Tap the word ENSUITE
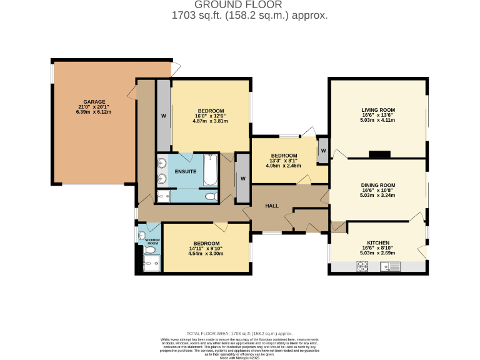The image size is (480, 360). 186,171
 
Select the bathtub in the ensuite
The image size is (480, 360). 211,170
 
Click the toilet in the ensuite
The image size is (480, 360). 211,196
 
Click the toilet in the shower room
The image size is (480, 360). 150,249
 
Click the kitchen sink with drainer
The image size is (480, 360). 392,267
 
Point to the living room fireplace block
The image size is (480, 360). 379,154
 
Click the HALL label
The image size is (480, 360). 272,206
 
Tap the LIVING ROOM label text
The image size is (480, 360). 378,110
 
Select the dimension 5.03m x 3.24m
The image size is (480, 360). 378,195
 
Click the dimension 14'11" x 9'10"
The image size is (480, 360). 206,249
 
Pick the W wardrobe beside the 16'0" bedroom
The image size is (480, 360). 163,116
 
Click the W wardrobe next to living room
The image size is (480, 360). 323,151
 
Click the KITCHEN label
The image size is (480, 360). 378,243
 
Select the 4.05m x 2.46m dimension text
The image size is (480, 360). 283,166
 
